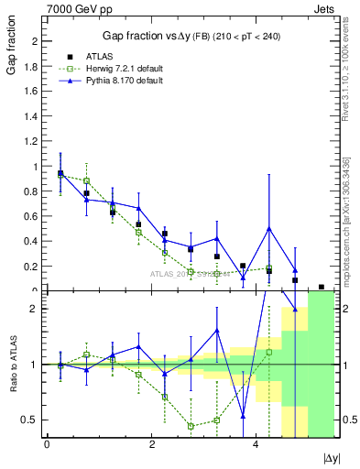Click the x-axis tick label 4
256,445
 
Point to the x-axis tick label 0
47,445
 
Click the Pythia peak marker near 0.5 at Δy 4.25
269,228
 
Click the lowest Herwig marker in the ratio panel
191,426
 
